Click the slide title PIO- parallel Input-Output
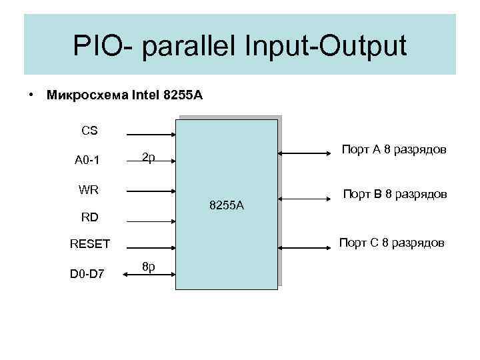coord(239,47)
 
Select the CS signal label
coord(89,131)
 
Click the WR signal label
coord(89,189)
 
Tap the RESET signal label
coord(90,244)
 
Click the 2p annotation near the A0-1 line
coord(149,157)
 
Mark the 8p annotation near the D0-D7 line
coord(149,267)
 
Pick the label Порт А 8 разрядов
coord(394,149)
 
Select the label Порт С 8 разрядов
coord(392,243)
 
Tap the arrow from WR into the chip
coord(150,191)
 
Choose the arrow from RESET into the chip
coord(150,246)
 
